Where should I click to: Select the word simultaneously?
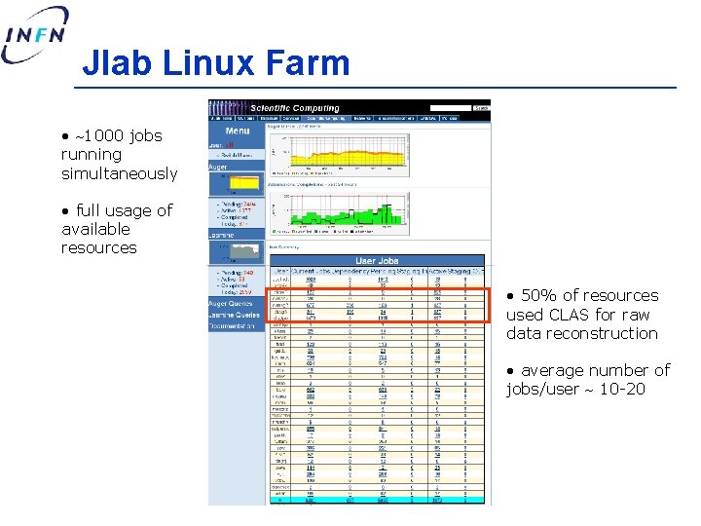119,173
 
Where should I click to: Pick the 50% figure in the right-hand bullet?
537,295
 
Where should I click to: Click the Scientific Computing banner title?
295,108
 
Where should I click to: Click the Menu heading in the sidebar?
237,131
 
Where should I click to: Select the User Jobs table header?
378,261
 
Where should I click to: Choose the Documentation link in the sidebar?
232,325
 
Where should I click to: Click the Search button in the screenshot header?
481,108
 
